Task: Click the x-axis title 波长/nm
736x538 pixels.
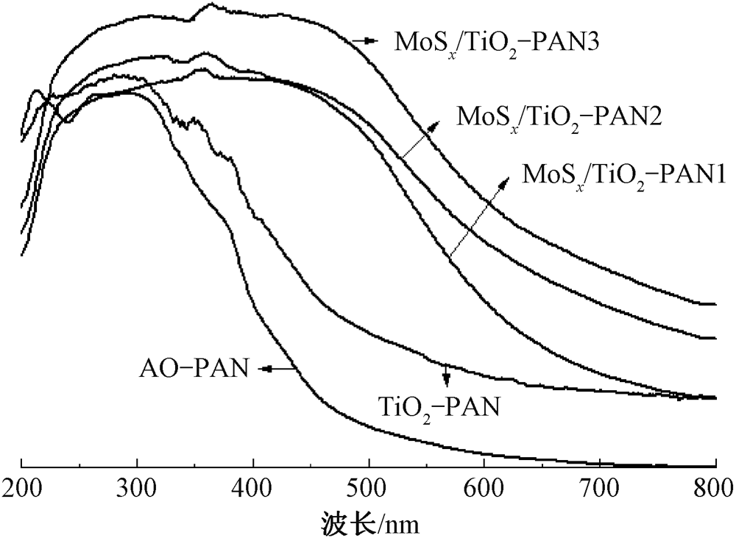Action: pyautogui.click(x=369, y=521)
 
